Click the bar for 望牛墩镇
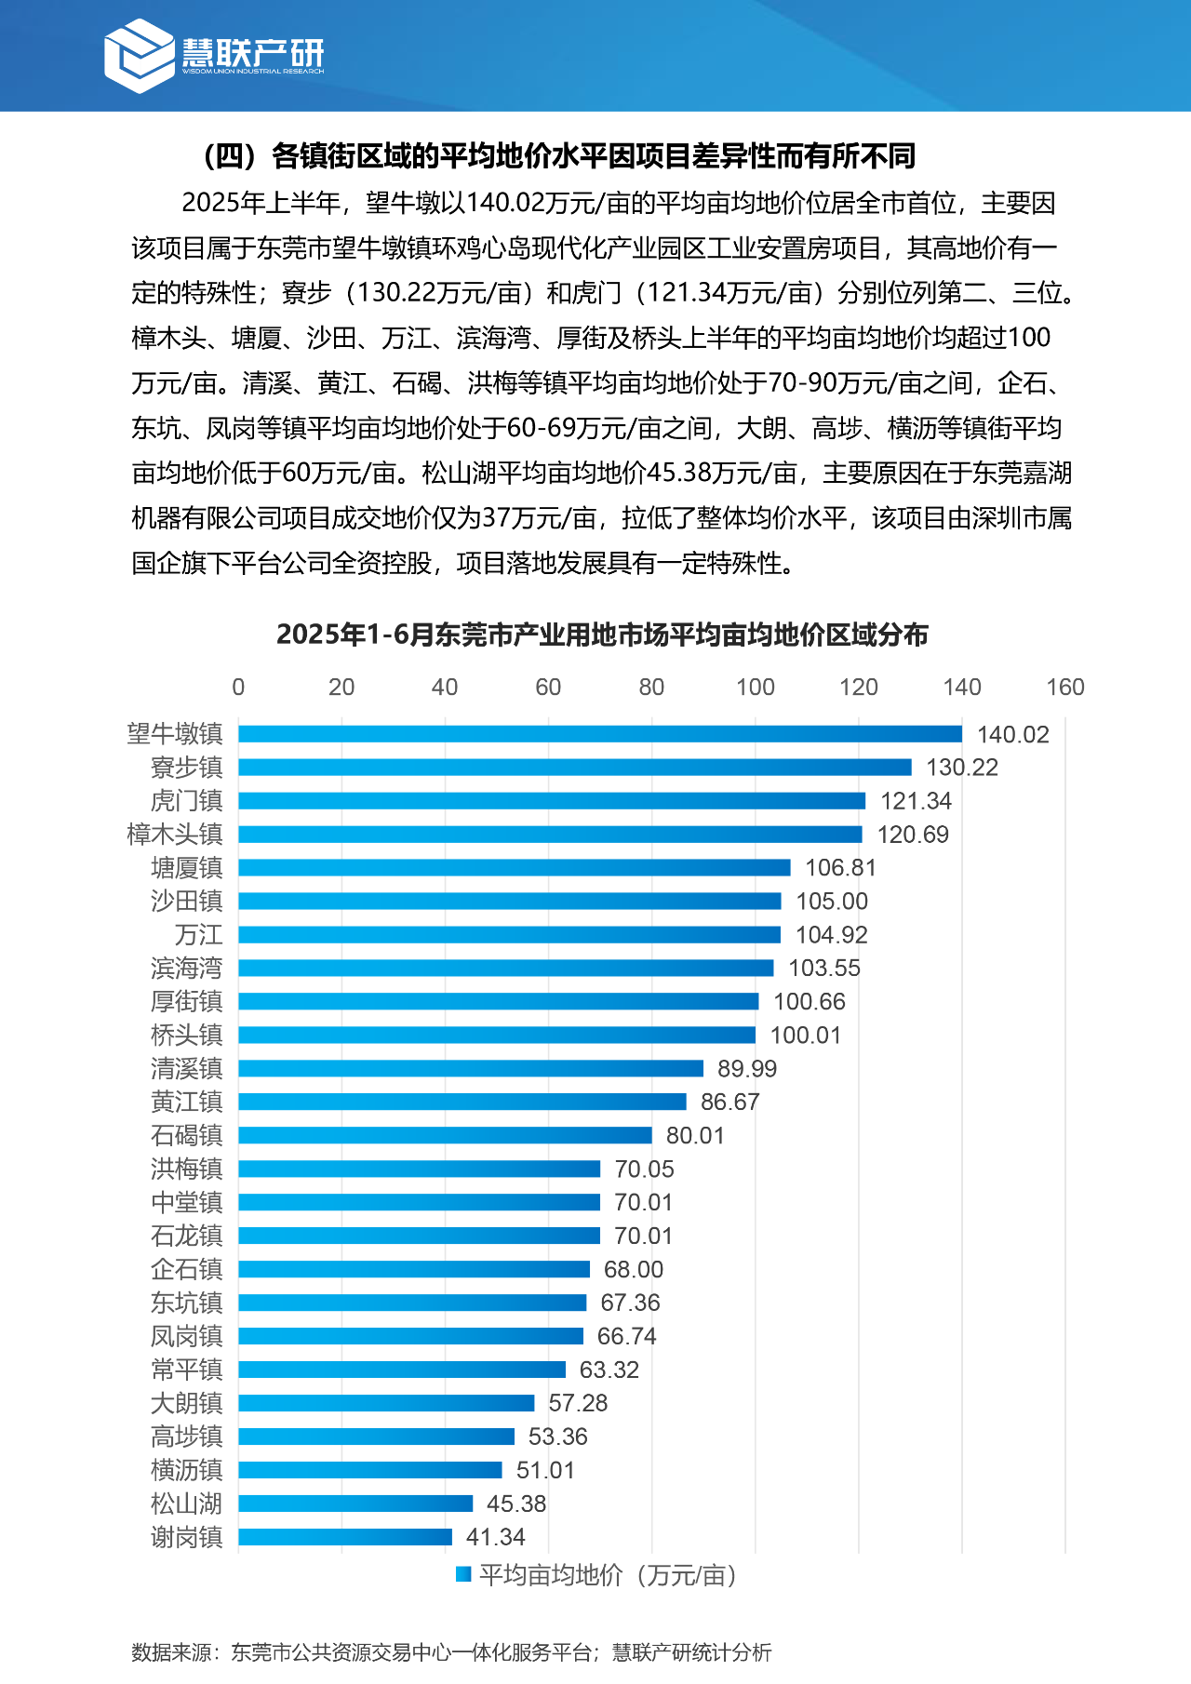pyautogui.click(x=600, y=734)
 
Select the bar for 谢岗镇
pyautogui.click(x=345, y=1537)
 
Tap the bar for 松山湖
pyautogui.click(x=355, y=1504)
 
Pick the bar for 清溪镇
pyautogui.click(x=471, y=1068)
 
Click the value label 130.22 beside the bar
pyautogui.click(x=962, y=768)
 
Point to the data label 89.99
pyautogui.click(x=747, y=1068)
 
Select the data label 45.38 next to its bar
pyautogui.click(x=516, y=1504)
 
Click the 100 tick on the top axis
pyautogui.click(x=755, y=687)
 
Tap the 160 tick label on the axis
pyautogui.click(x=1065, y=687)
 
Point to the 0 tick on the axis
pyautogui.click(x=238, y=687)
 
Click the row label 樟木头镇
pyautogui.click(x=175, y=835)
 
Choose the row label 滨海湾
pyautogui.click(x=186, y=968)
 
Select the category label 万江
pyautogui.click(x=198, y=934)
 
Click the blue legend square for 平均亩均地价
pyautogui.click(x=463, y=1574)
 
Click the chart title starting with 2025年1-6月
pyautogui.click(x=602, y=635)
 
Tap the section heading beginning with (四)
pyautogui.click(x=558, y=155)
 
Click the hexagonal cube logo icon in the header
pyautogui.click(x=139, y=56)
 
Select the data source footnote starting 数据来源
pyautogui.click(x=451, y=1651)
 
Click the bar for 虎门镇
pyautogui.click(x=552, y=801)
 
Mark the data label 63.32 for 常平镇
pyautogui.click(x=609, y=1370)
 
